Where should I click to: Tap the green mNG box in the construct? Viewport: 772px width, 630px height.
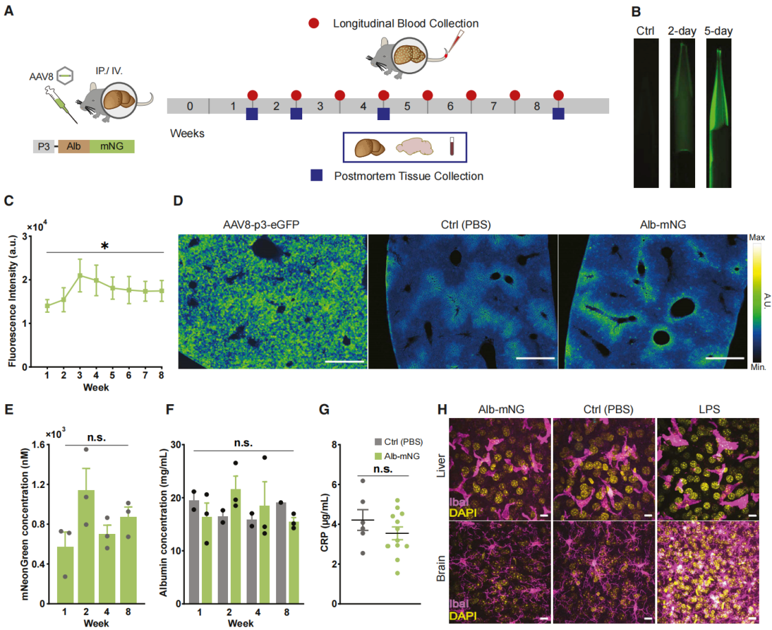coord(111,146)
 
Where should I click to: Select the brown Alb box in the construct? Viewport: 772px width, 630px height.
coord(73,146)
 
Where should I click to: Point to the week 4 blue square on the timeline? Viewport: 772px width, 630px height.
coord(383,113)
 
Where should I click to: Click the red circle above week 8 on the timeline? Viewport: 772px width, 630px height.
coord(558,95)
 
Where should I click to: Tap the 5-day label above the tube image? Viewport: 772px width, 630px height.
coord(718,31)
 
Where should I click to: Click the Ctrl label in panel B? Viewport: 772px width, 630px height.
coord(645,31)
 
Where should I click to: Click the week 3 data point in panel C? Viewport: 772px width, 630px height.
coord(80,276)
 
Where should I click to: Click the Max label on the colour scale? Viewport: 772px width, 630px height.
coord(758,237)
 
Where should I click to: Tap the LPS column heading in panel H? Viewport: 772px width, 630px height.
coord(707,410)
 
